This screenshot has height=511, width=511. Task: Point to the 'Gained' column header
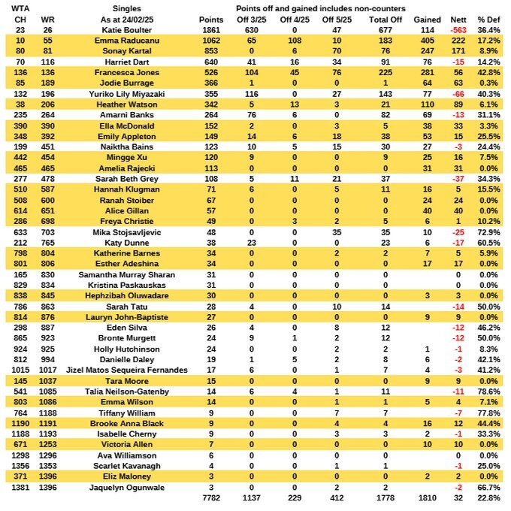point(427,19)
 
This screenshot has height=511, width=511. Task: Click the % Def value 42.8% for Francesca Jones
point(492,74)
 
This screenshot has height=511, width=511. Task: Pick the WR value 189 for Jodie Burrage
point(48,85)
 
